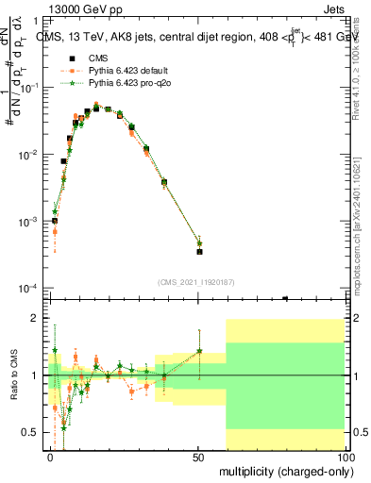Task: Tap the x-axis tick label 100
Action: tap(345, 456)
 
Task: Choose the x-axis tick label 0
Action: tap(51, 456)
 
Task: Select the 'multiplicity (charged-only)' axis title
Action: tap(285, 470)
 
